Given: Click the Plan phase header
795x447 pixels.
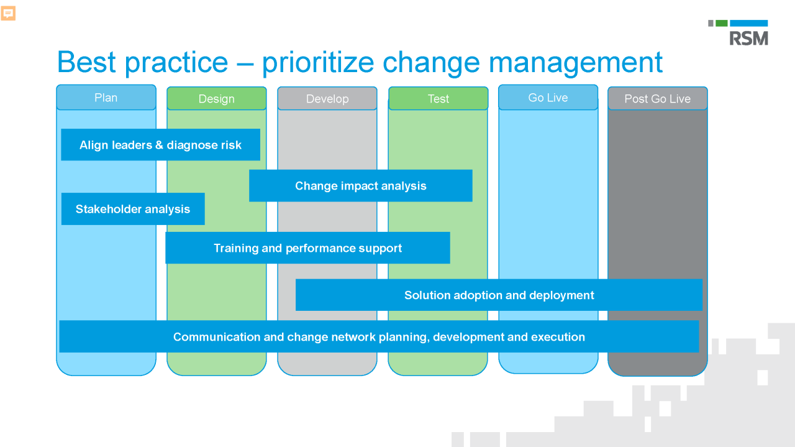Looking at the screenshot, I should (106, 98).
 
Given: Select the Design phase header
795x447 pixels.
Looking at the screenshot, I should (216, 99).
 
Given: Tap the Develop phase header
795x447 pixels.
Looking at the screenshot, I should (327, 99).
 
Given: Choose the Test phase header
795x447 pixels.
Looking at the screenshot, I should (438, 99).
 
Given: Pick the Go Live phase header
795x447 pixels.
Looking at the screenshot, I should (548, 98).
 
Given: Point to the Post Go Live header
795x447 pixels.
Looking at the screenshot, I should (657, 99).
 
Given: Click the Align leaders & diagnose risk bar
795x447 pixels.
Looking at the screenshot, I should (160, 145).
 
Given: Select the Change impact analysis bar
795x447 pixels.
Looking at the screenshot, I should (360, 186).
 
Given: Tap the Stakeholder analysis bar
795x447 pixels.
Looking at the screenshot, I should (133, 209).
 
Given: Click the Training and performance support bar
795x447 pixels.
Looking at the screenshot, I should (307, 248).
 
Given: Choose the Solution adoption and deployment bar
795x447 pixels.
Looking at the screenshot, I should (499, 295).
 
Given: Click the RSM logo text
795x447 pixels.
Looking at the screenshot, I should (748, 38).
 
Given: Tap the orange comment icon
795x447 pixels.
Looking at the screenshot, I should (8, 13).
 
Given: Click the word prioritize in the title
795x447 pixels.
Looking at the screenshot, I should (318, 63).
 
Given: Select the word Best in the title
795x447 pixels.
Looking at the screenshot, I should (86, 63).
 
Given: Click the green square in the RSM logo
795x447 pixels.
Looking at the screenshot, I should (721, 23).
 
